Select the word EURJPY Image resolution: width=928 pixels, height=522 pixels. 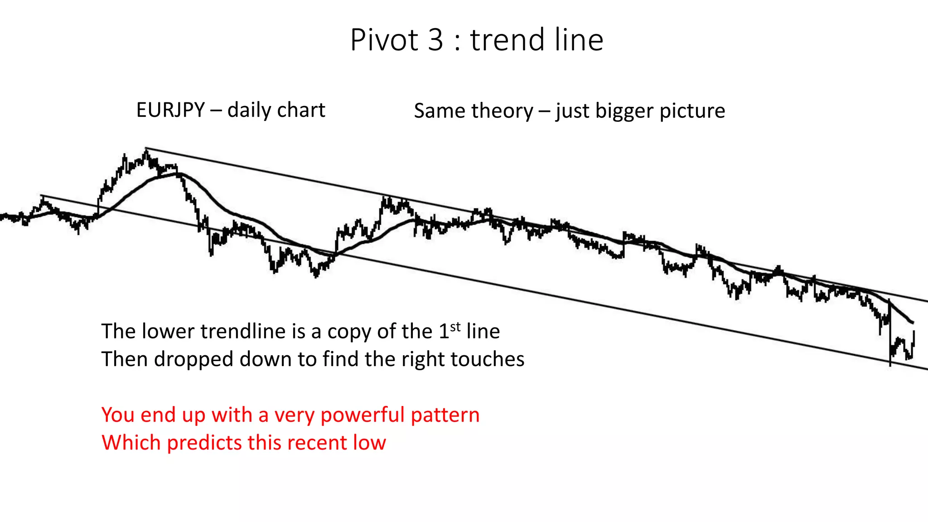pyautogui.click(x=171, y=110)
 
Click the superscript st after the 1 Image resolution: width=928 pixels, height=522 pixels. pyautogui.click(x=455, y=327)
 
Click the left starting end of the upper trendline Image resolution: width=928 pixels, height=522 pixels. pyautogui.click(x=146, y=148)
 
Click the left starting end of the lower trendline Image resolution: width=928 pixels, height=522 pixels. pyautogui.click(x=41, y=196)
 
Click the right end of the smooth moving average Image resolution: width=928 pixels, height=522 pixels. pyautogui.click(x=912, y=323)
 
